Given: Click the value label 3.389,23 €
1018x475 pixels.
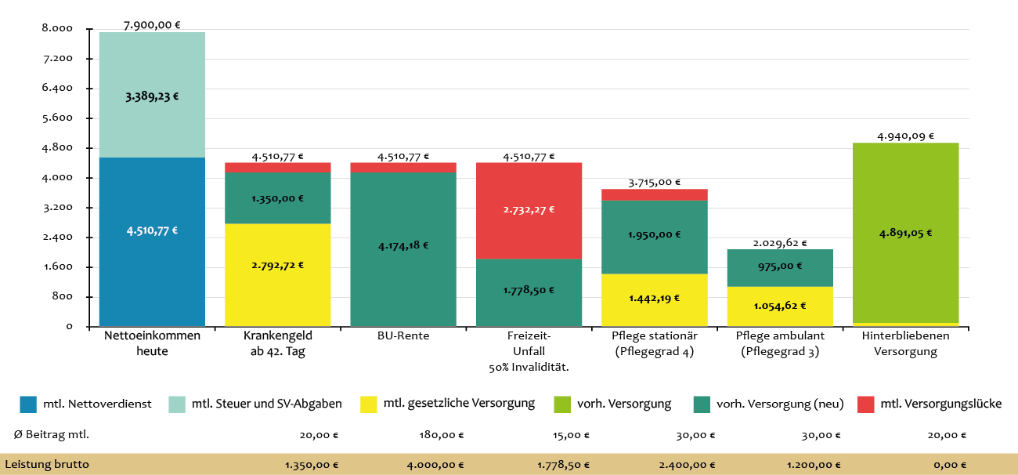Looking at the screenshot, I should [152, 97].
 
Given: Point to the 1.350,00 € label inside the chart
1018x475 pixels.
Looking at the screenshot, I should [277, 198].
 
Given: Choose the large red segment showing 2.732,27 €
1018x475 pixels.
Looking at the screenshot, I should [529, 210].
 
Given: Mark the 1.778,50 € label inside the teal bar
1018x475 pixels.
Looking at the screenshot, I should [529, 291].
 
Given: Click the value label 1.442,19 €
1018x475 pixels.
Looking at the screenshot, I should [654, 299].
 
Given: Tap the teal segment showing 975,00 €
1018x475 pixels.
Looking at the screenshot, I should [779, 267].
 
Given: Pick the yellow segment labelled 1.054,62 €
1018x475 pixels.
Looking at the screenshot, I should [779, 306].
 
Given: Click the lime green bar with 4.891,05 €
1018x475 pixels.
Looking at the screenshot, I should [905, 233].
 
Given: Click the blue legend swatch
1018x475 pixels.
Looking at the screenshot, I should [28, 404].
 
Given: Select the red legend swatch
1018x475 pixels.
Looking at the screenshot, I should [865, 404].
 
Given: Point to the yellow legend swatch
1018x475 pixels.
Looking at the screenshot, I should [369, 404].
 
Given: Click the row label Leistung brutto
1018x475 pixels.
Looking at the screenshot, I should [47, 465].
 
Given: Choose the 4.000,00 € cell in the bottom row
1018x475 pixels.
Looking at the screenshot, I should [435, 465].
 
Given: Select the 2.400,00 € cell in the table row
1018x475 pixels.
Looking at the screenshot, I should [687, 465].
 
